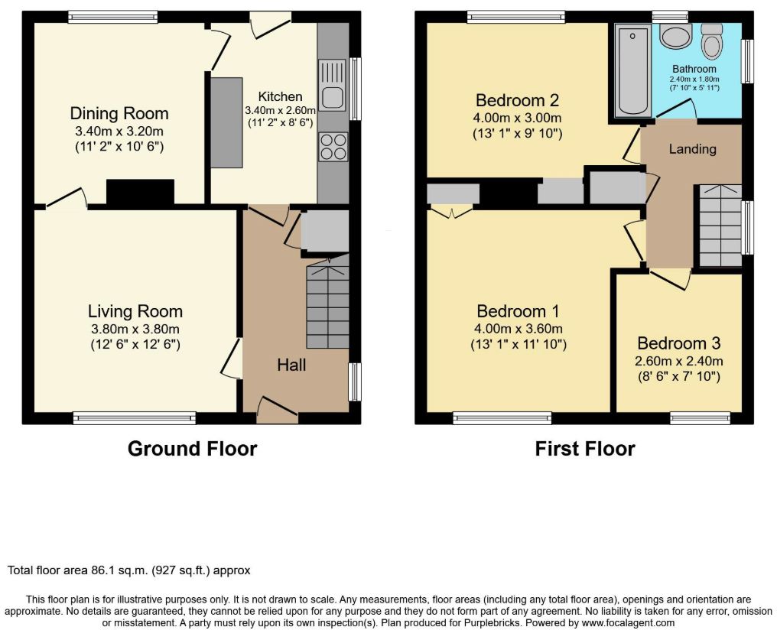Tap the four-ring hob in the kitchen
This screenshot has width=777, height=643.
coord(333,147)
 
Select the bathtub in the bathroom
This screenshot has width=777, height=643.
coord(632,71)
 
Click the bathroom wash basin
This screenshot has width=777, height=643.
coord(675,37)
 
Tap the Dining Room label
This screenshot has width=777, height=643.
coord(119,113)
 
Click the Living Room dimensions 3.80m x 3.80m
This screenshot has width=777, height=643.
coord(135,329)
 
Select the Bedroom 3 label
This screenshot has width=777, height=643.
coord(678,343)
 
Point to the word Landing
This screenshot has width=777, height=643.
coord(692,148)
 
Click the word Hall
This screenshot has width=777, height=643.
coord(291,365)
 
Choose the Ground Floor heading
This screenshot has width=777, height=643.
coord(192,449)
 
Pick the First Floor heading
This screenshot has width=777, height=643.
coord(585,449)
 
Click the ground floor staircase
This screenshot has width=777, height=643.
coord(327,302)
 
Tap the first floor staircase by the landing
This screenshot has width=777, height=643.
coord(720,226)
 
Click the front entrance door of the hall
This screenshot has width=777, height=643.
coord(278,410)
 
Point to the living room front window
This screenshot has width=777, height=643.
coord(135,418)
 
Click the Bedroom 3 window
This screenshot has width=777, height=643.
coord(700,418)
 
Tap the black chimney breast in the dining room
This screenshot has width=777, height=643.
coord(140,192)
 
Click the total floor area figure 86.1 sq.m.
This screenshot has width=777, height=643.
coord(119,570)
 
